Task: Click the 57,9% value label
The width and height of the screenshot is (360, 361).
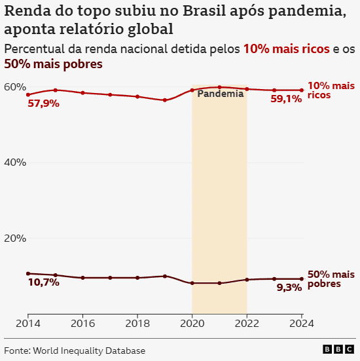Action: [43, 104]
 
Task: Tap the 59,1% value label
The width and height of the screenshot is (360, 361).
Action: [286, 100]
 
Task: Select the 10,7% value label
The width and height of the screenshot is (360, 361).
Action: [43, 282]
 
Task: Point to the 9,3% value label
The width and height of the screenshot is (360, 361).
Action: [289, 288]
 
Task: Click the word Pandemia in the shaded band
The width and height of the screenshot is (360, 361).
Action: [220, 94]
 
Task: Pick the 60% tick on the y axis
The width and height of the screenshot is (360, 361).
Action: [14, 87]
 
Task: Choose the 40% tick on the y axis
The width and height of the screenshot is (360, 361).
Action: [14, 162]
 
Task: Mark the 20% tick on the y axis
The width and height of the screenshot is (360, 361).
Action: [14, 238]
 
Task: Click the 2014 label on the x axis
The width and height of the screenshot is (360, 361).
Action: [28, 323]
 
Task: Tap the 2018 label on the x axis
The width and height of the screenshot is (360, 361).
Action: [137, 323]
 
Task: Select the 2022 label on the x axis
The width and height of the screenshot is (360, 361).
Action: [247, 323]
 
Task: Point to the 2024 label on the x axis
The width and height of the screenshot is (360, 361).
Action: [300, 323]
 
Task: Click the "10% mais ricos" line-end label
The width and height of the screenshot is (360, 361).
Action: [331, 90]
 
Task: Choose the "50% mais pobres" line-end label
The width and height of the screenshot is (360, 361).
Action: [331, 279]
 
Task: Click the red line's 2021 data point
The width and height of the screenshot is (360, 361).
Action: [219, 87]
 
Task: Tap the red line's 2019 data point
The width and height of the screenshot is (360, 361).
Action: [165, 100]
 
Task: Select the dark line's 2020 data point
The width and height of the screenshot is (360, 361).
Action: [192, 283]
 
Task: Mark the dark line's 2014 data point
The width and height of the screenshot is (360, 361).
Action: [28, 273]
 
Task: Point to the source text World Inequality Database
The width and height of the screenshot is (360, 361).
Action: [88, 351]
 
